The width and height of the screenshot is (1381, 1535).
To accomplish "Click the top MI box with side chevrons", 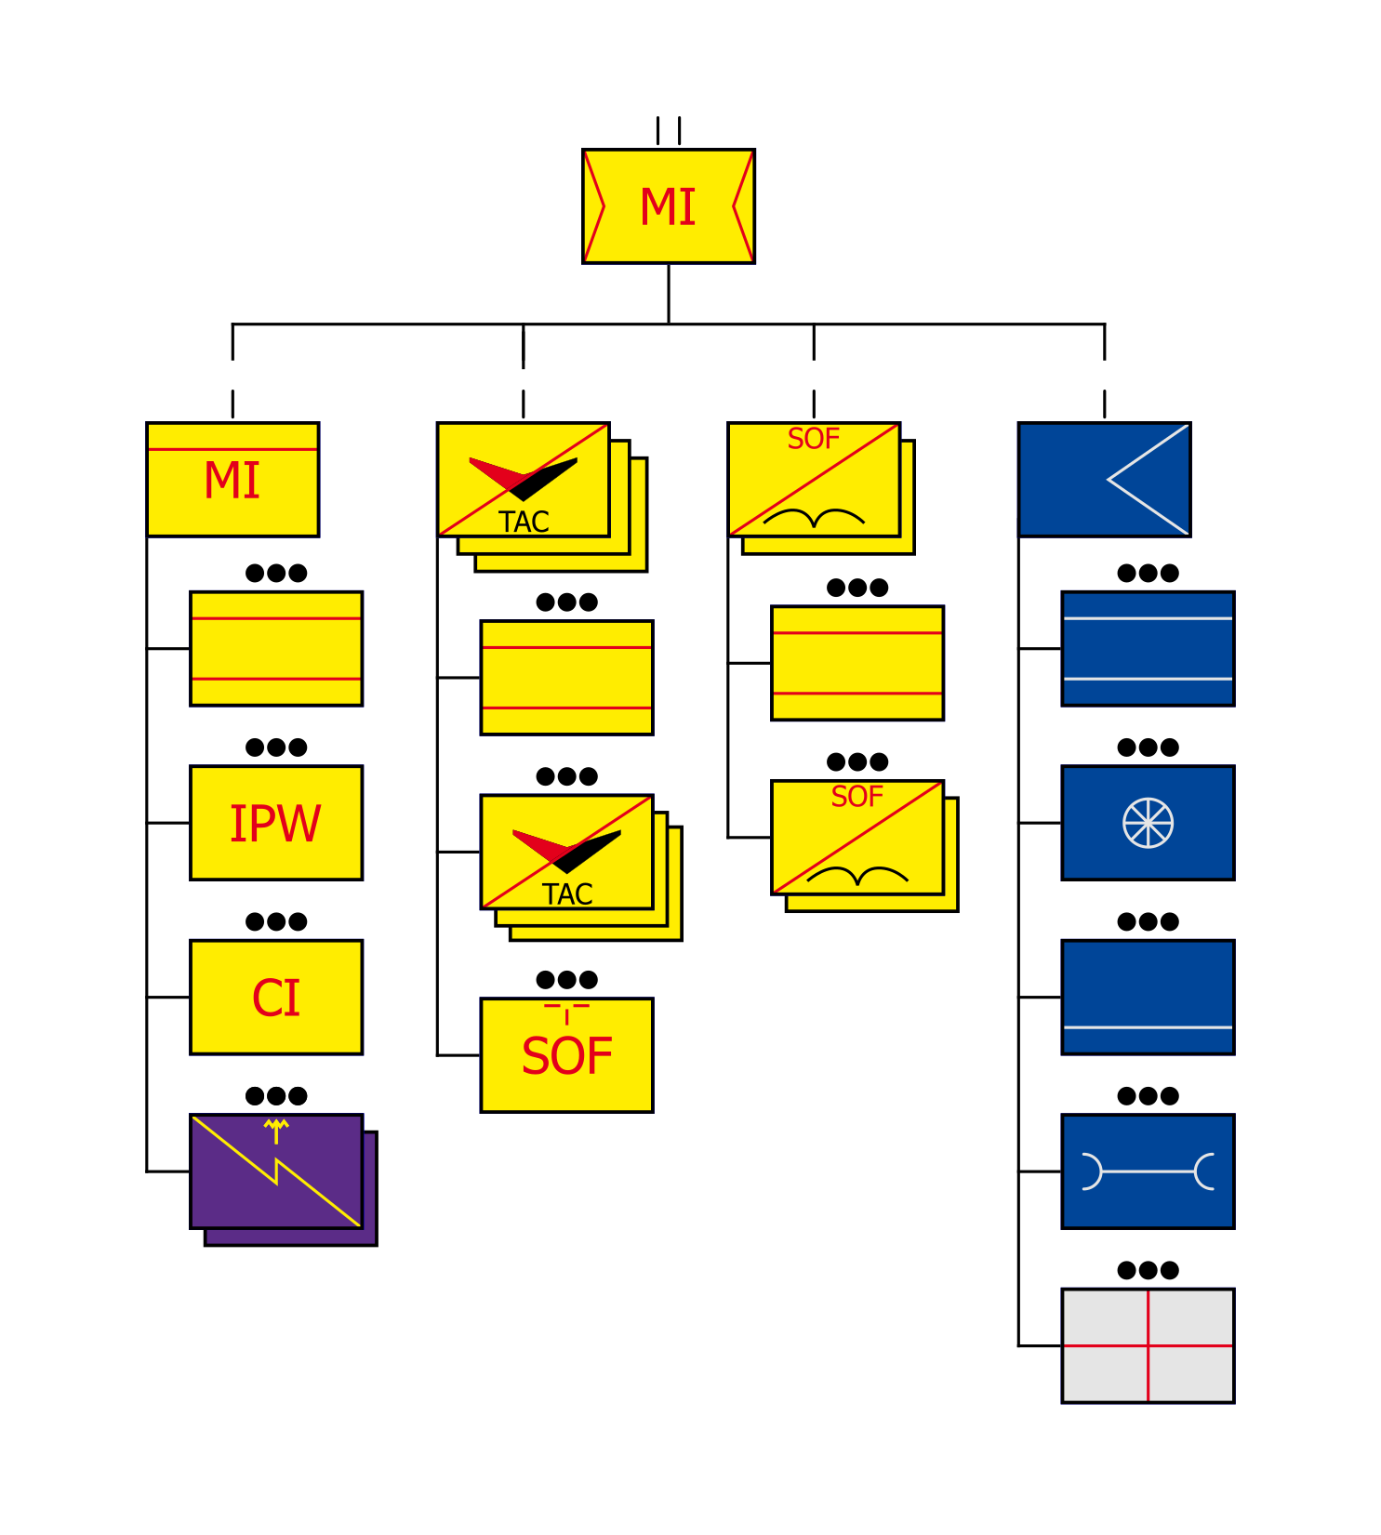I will coord(668,206).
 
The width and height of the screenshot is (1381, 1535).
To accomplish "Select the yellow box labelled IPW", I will coord(275,823).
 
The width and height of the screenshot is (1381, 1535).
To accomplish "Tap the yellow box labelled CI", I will coord(275,998).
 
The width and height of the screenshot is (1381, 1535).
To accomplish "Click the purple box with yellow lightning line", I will coord(275,1171).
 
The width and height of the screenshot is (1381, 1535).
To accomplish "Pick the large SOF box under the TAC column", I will coord(566,1055).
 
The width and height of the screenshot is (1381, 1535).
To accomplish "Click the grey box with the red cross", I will coord(1148,1345).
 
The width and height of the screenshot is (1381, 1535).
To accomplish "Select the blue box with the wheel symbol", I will coord(1148,823).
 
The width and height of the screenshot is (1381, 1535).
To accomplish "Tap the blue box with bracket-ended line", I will coord(1148,1171).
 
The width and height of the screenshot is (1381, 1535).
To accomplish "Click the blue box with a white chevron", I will coord(1104,480).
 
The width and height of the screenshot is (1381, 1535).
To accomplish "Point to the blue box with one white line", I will coord(1148,998).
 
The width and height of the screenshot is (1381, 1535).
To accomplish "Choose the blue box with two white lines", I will coord(1148,649).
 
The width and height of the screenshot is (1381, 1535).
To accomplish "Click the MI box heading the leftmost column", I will coord(232,480).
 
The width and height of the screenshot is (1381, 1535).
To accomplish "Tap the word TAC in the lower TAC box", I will coord(567,894).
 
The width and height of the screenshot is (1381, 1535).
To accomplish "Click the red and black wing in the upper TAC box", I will coord(523,477).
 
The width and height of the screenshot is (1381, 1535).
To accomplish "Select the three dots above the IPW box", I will coord(276,748).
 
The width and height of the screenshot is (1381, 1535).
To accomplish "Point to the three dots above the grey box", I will coord(1148,1270).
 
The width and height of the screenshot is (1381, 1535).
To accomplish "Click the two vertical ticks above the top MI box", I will coord(668,130).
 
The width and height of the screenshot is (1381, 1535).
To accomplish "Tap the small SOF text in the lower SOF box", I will coord(856,797).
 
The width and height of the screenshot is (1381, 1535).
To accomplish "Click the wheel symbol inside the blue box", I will coord(1148,823).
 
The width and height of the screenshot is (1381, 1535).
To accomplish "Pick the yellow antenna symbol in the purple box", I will coord(276,1131).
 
